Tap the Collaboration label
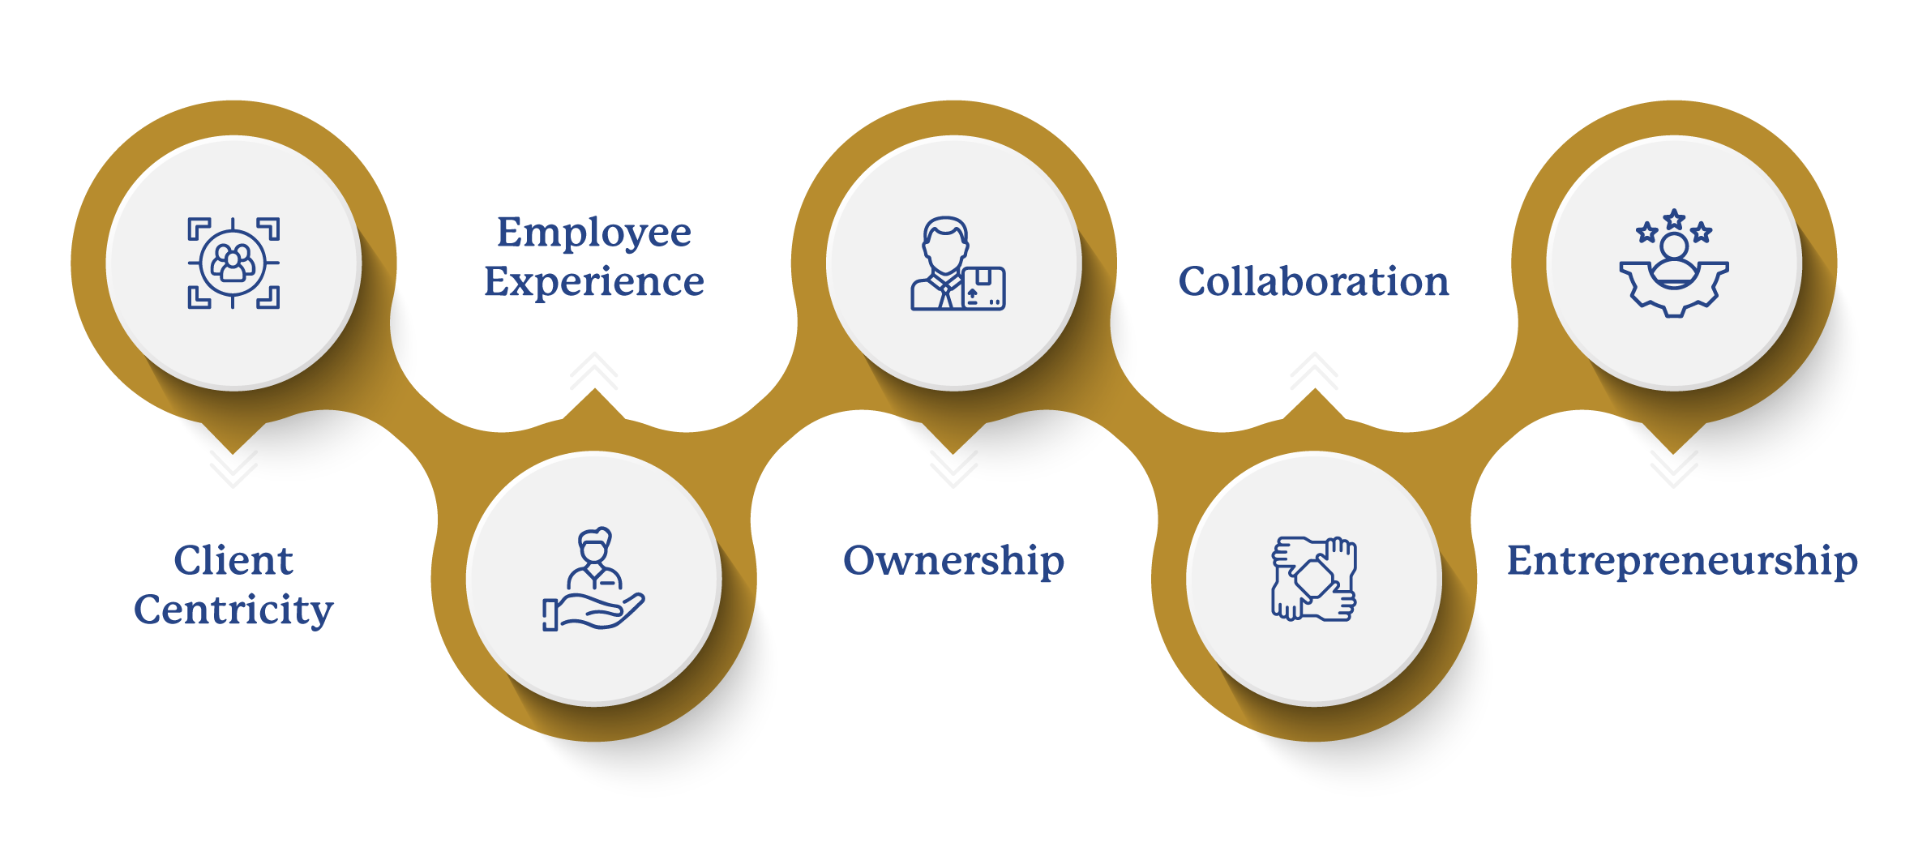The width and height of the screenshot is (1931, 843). pos(1313,281)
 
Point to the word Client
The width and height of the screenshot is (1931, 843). pos(233,560)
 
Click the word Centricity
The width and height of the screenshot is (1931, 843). pos(233,610)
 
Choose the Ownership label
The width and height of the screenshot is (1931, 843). pos(953,562)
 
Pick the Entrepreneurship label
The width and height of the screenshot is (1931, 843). pos(1682,562)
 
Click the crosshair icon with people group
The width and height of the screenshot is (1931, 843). pos(233,263)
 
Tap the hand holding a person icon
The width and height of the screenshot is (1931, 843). pos(593,579)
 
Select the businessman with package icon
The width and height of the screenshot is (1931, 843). pos(957,263)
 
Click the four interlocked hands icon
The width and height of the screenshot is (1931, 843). pos(1313,579)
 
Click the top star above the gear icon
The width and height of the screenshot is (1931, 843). pos(1674,220)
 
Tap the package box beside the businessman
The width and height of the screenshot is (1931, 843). pos(983,288)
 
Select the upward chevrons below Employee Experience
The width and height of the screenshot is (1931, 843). pos(594,371)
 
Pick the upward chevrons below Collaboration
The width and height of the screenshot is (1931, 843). pos(1314,371)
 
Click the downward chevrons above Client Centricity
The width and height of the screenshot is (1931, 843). pos(233,469)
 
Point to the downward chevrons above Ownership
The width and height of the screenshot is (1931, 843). pos(953,469)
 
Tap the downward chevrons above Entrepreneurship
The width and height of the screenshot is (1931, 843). pos(1674,469)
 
